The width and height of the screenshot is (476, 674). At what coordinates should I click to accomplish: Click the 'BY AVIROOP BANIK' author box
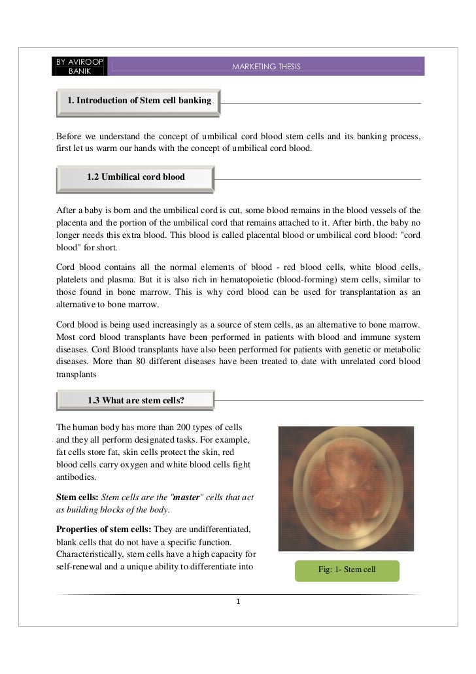(x=80, y=66)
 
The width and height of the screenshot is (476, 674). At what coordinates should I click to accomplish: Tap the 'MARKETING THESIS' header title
(x=266, y=67)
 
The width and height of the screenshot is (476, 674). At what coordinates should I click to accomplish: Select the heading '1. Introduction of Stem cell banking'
(x=139, y=101)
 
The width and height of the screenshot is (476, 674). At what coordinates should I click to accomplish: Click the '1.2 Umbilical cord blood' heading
(x=135, y=177)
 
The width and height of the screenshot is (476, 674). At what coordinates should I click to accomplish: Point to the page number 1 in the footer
(x=239, y=601)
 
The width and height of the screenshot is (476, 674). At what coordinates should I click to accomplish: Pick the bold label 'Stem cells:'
(x=78, y=497)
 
